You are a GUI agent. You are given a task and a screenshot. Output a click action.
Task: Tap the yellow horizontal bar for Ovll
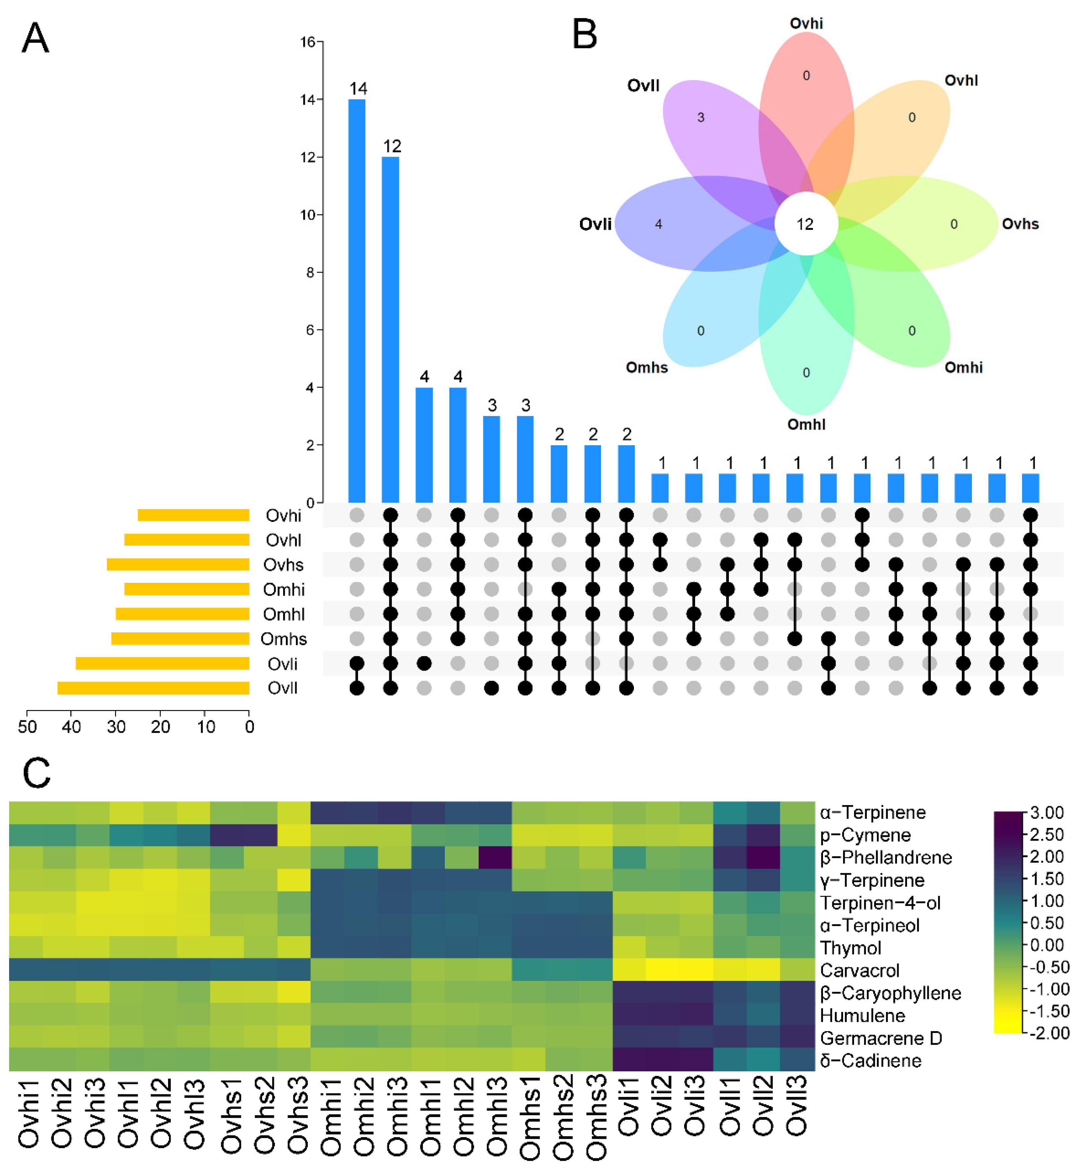153,688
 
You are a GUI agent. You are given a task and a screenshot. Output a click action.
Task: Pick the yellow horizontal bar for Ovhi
193,515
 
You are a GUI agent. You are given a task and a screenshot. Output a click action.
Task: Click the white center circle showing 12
806,224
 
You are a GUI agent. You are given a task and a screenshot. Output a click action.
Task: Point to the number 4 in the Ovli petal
659,224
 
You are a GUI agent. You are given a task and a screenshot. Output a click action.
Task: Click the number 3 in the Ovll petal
701,118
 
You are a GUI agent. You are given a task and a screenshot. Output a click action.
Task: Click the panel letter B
585,35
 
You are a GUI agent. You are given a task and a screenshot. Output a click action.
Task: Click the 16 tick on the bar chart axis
308,42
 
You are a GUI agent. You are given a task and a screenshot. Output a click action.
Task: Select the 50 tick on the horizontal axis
27,727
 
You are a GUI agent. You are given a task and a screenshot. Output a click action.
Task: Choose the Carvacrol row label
859,970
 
